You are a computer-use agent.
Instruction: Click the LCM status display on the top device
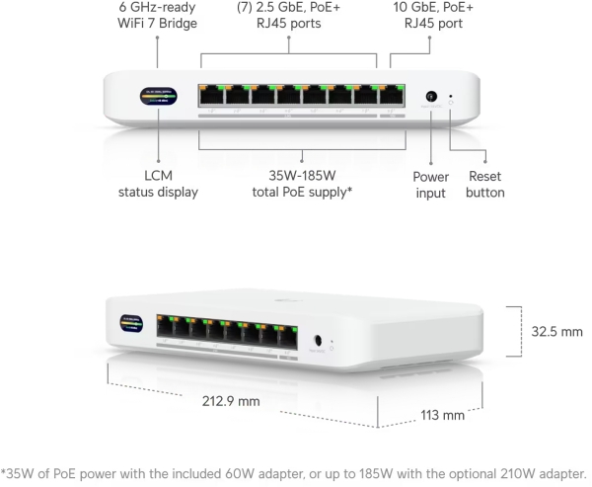click(158, 97)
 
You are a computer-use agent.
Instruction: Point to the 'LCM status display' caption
click(158, 185)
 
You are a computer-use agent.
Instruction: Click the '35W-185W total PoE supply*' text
click(302, 185)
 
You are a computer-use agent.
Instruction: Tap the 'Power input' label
click(430, 185)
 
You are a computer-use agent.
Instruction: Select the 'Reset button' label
click(483, 185)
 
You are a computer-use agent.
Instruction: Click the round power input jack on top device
click(430, 97)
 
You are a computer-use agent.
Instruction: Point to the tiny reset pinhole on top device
click(451, 97)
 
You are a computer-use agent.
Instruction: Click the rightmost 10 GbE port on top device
click(392, 96)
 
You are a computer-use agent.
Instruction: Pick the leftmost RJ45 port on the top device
click(211, 96)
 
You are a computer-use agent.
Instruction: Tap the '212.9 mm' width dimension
click(236, 401)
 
